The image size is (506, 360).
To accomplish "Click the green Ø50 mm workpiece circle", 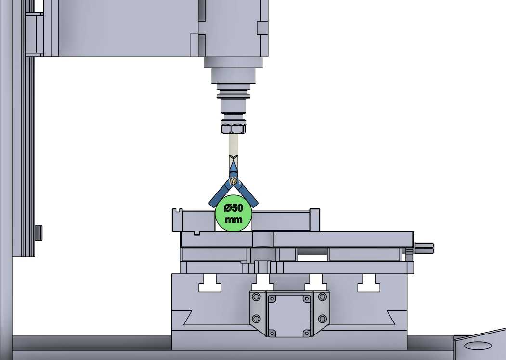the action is click(234, 213).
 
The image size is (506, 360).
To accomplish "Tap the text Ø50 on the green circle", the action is click(234, 208).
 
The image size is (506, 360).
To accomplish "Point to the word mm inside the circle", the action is click(234, 219).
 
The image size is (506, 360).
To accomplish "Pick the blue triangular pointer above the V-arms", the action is click(234, 168).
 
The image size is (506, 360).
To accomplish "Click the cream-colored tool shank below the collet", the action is click(234, 145).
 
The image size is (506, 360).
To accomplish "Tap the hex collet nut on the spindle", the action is click(234, 127).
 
